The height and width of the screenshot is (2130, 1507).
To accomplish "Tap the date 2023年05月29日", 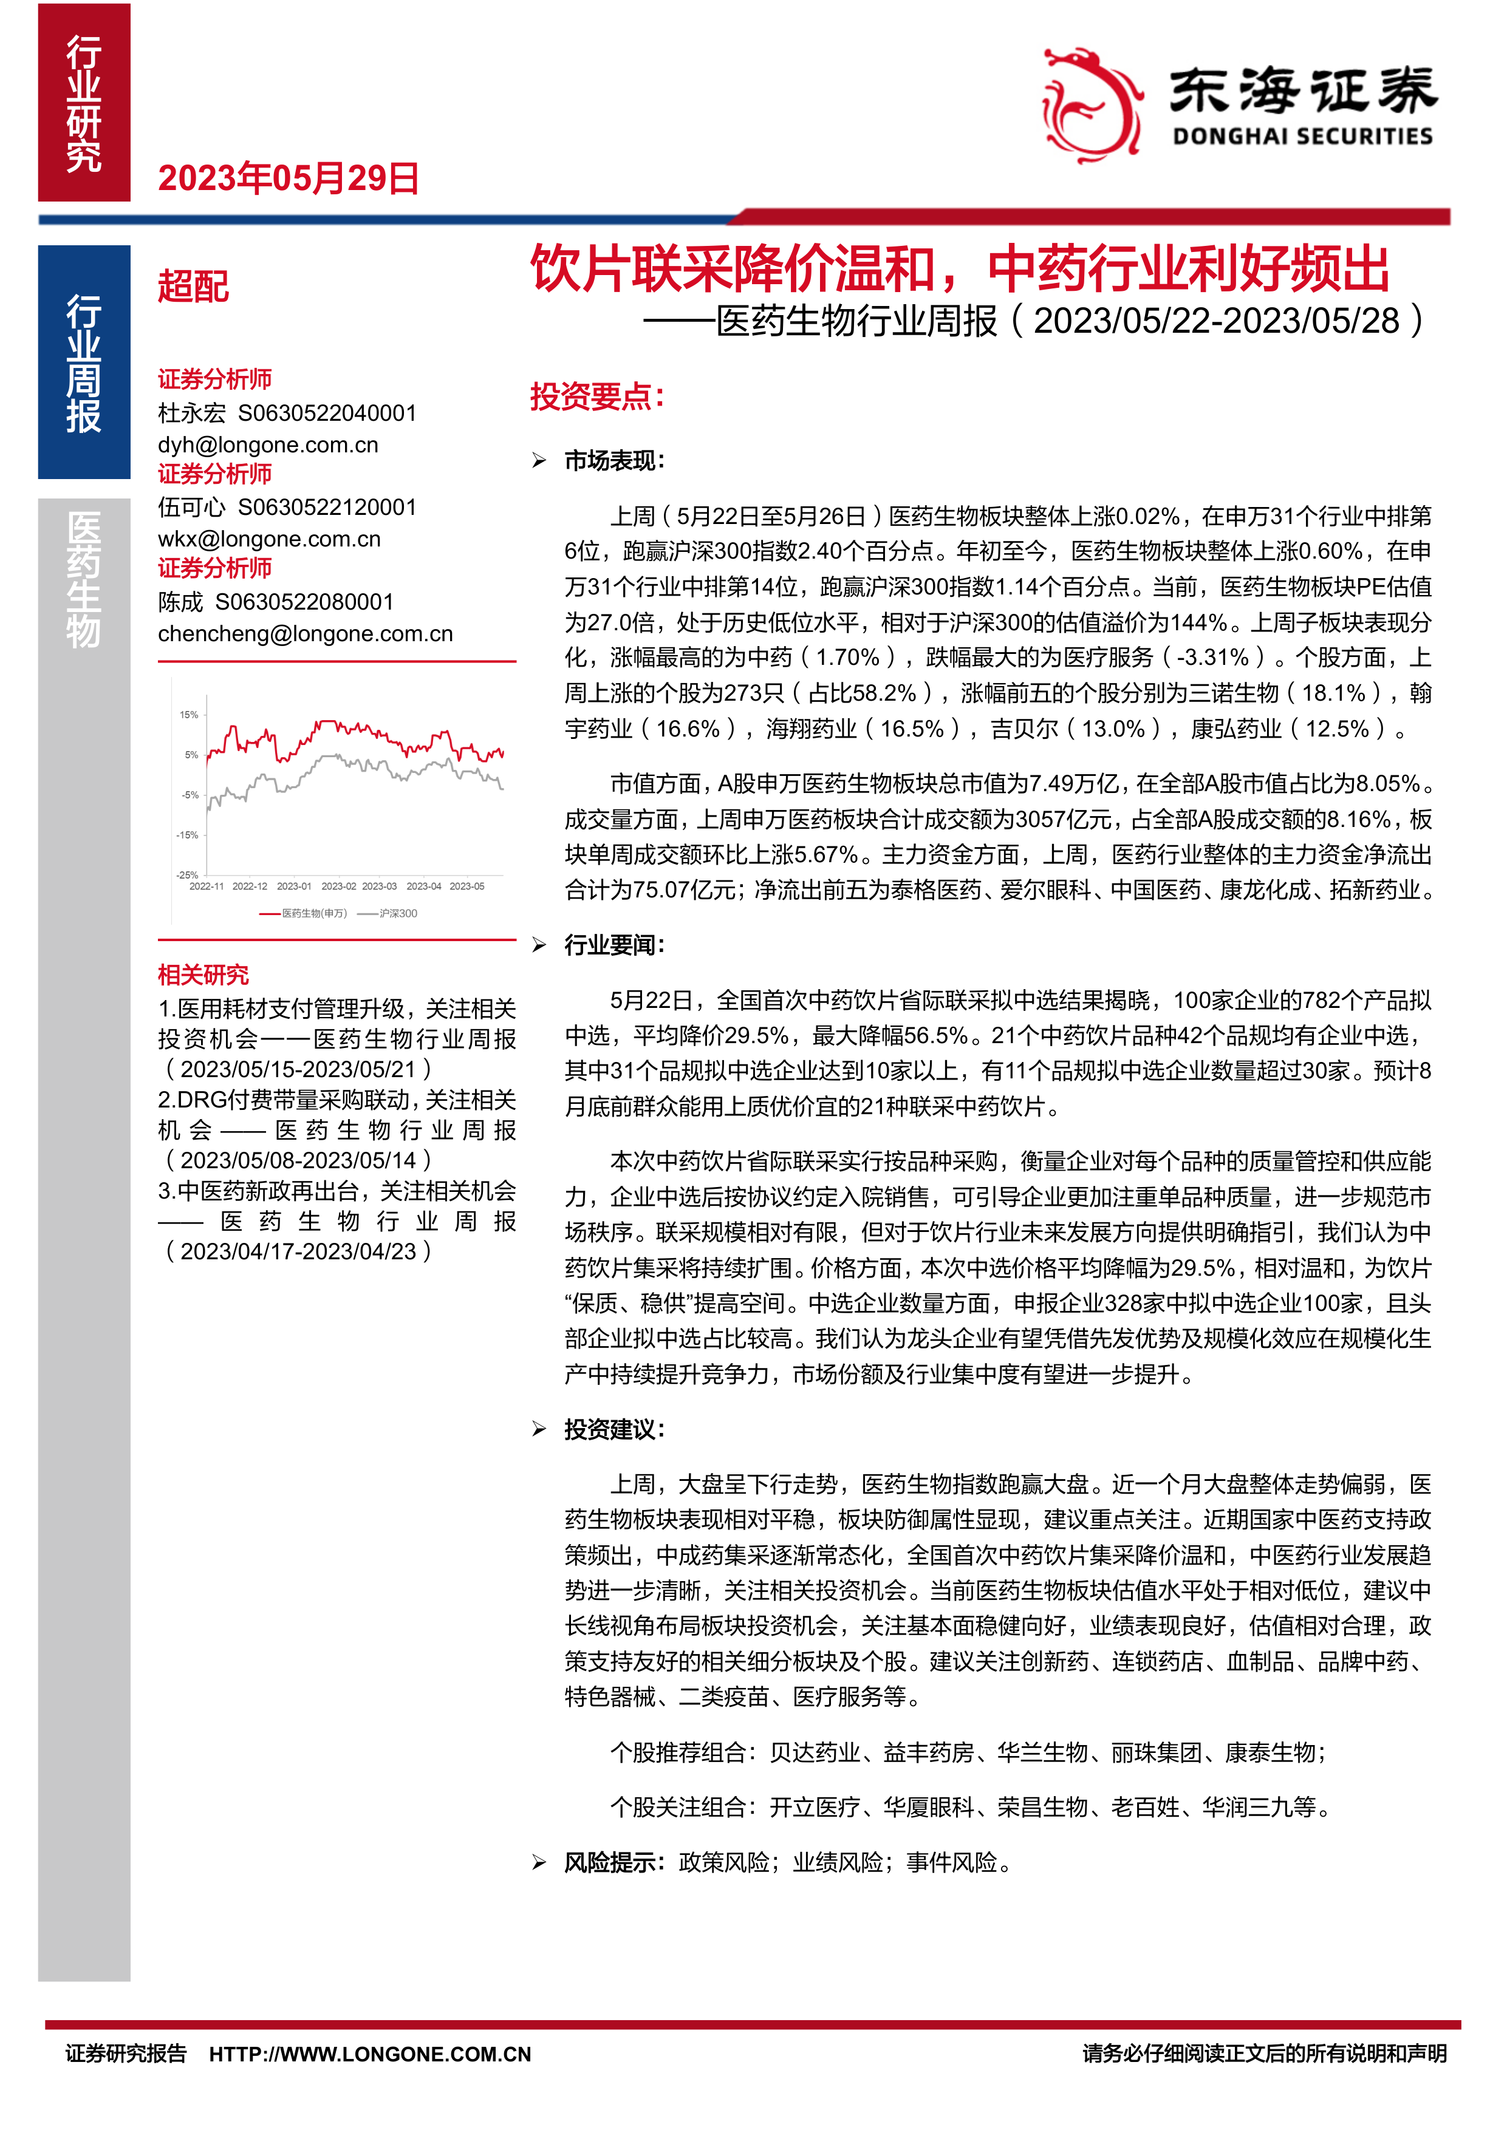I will (289, 178).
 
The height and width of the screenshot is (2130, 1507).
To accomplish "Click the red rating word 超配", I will (193, 287).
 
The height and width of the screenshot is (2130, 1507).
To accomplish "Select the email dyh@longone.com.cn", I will (268, 444).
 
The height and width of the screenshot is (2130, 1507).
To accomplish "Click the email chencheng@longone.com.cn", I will (306, 634).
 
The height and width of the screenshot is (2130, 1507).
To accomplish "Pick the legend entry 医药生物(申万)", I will (313, 914).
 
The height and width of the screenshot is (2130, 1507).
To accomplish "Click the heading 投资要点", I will (596, 397).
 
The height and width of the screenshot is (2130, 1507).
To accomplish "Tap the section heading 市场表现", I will (614, 461).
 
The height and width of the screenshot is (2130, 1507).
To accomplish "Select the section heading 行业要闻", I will (614, 945).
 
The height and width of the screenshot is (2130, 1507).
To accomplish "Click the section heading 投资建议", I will (614, 1429).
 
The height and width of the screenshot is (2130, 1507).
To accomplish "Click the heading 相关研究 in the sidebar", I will (203, 975).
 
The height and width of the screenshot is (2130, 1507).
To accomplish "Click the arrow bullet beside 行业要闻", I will (539, 945).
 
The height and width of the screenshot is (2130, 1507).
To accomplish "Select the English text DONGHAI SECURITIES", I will (1302, 137).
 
